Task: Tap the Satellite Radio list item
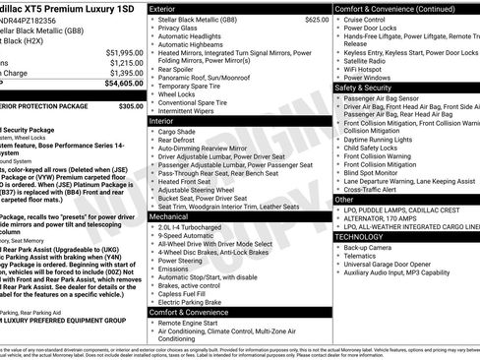(x=369, y=61)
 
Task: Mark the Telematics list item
(x=361, y=257)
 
